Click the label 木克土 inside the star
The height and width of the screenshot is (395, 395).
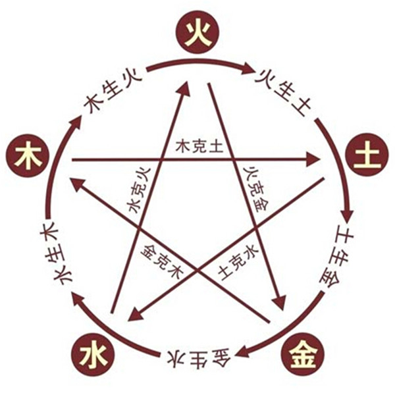[197, 147]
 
